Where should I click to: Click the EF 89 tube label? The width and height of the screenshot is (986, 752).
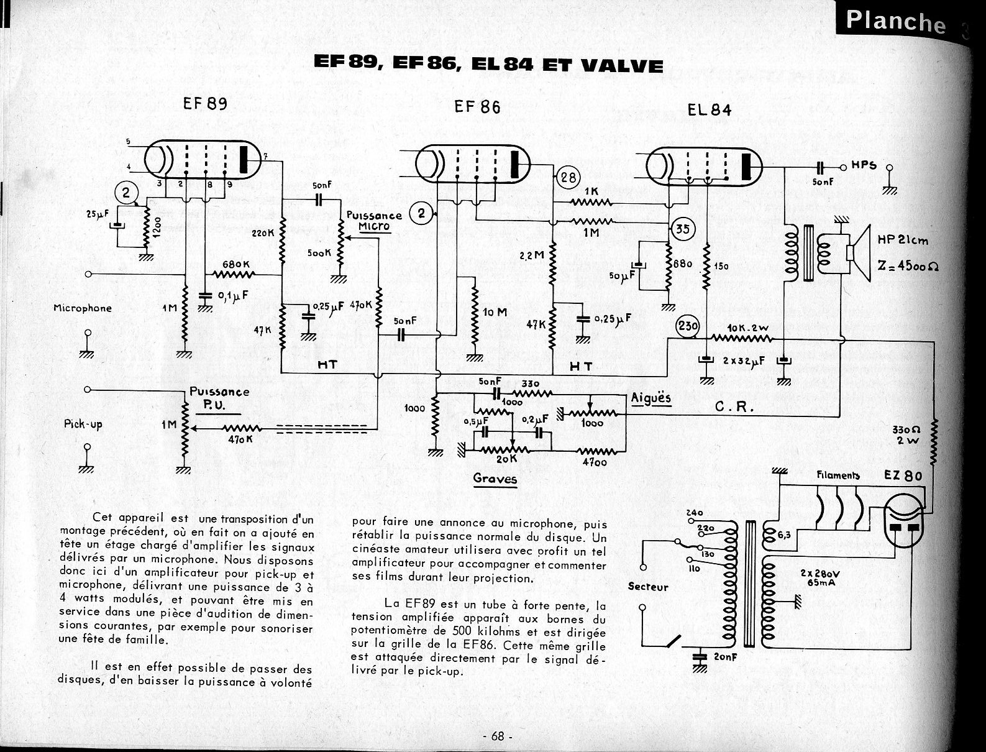pyautogui.click(x=204, y=103)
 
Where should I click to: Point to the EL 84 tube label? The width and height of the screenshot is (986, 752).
pyautogui.click(x=710, y=110)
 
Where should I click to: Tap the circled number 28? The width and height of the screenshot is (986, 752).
pyautogui.click(x=568, y=178)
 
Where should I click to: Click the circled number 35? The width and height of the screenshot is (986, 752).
pyautogui.click(x=682, y=229)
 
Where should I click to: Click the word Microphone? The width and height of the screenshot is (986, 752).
pyautogui.click(x=83, y=308)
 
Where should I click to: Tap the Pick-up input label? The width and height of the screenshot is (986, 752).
pyautogui.click(x=83, y=424)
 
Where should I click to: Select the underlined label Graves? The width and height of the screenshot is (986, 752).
pyautogui.click(x=495, y=479)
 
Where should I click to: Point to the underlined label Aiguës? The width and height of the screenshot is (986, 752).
pyautogui.click(x=651, y=398)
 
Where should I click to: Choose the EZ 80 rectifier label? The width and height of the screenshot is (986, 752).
pyautogui.click(x=903, y=476)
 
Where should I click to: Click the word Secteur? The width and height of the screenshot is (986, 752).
pyautogui.click(x=648, y=587)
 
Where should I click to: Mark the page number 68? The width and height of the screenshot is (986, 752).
pyautogui.click(x=497, y=736)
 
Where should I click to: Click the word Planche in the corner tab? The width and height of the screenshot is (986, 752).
pyautogui.click(x=895, y=22)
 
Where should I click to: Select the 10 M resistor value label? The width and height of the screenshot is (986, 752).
pyautogui.click(x=495, y=312)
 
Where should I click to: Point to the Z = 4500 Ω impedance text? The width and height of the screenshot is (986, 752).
pyautogui.click(x=908, y=265)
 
